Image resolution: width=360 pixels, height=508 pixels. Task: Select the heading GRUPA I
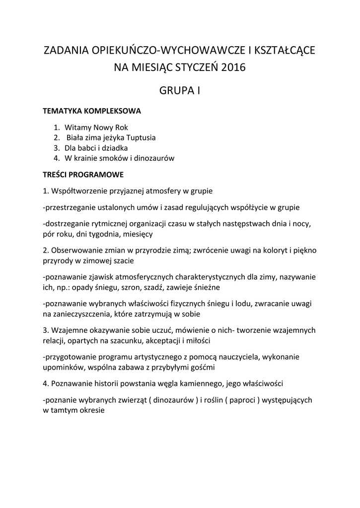click(x=179, y=91)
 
